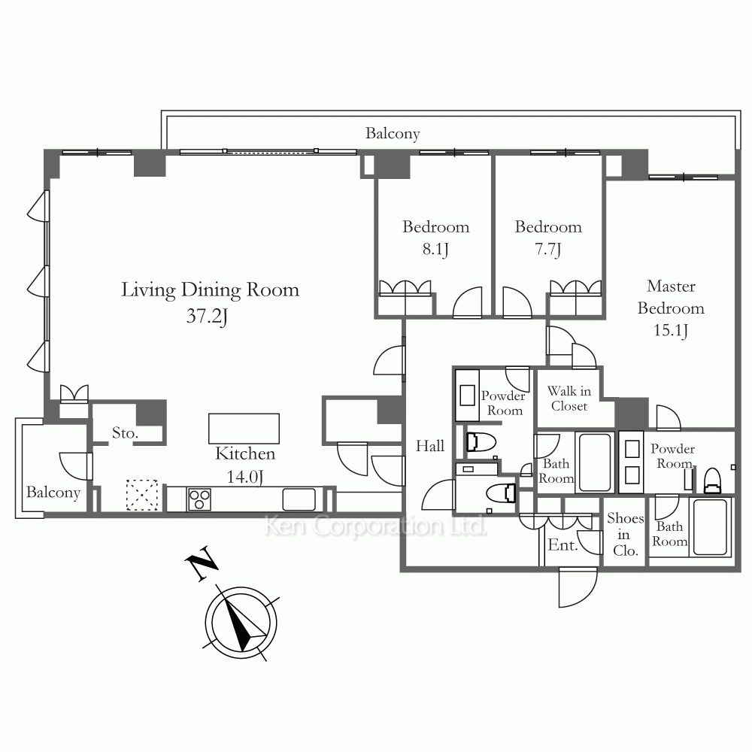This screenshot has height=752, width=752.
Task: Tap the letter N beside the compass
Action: click(x=201, y=562)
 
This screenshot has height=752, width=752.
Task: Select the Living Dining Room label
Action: click(x=210, y=290)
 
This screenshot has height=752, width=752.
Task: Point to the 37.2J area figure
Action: click(x=207, y=317)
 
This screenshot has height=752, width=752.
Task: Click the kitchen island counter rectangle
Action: click(x=244, y=429)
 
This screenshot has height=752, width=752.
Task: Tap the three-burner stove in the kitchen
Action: click(x=199, y=499)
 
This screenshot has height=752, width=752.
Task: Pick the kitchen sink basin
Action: click(x=299, y=499)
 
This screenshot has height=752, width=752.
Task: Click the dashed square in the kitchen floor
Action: click(x=142, y=495)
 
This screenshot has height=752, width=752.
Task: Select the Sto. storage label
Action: click(x=125, y=433)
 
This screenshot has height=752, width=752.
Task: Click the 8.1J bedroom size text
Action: click(x=435, y=250)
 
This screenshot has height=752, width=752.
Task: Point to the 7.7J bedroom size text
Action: click(x=547, y=250)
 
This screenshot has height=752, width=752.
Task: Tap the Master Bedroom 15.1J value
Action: click(x=671, y=330)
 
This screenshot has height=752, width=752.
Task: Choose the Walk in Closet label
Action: click(x=569, y=399)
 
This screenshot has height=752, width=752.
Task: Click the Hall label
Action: click(x=429, y=446)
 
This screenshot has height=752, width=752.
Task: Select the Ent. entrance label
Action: click(x=562, y=544)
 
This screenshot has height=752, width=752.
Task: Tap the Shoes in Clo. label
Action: click(x=625, y=534)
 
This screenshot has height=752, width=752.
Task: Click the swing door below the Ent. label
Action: click(x=578, y=587)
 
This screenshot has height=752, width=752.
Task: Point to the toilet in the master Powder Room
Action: click(x=712, y=480)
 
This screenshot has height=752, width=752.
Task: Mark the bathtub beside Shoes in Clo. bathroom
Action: click(x=710, y=527)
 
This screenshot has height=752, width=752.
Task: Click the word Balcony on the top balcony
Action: click(x=393, y=133)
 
